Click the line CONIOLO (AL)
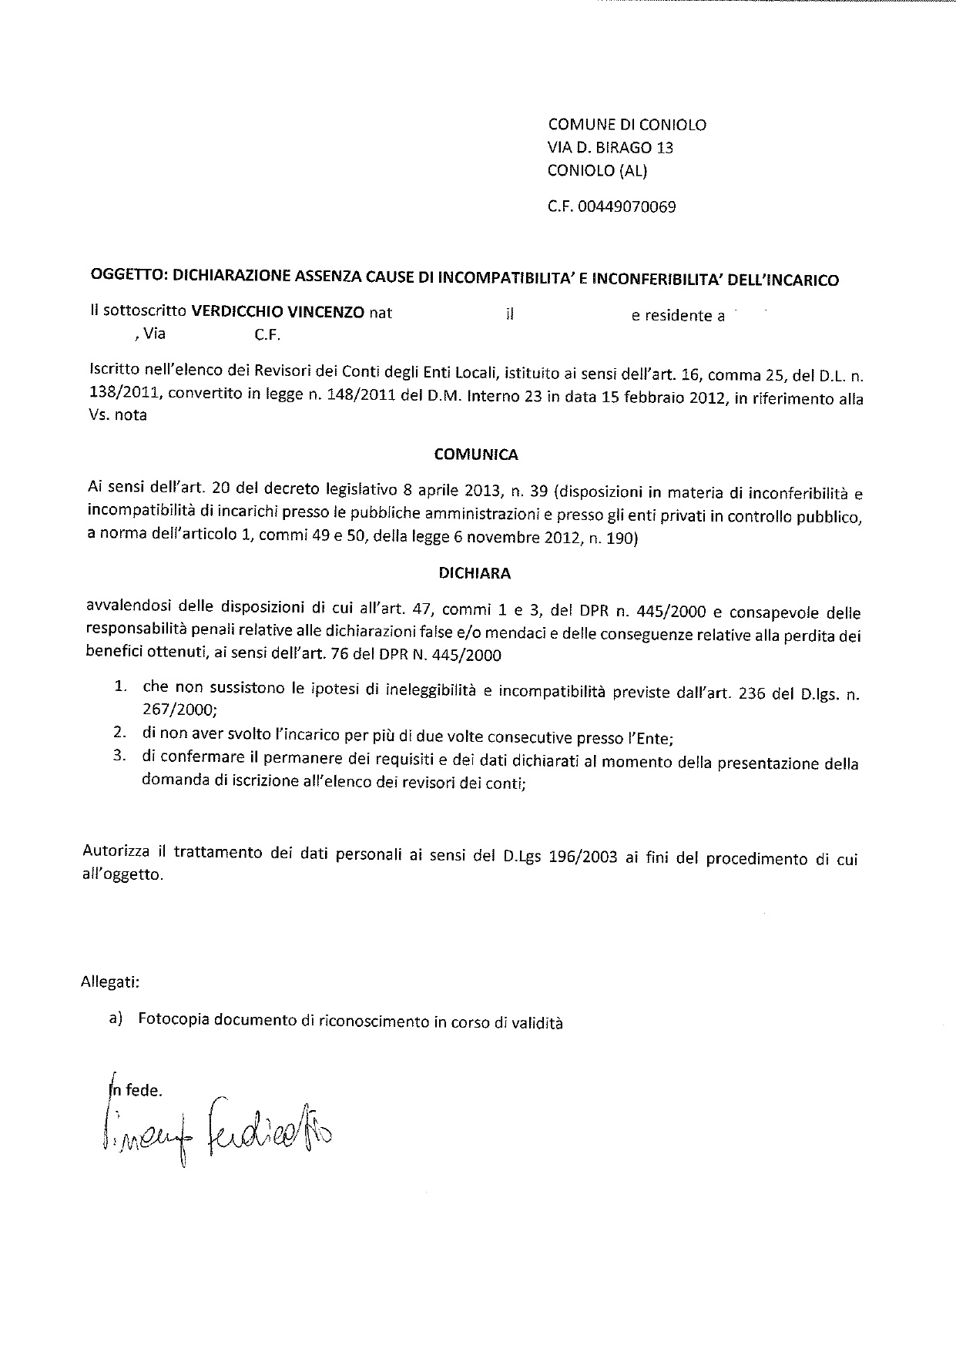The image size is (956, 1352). point(597,170)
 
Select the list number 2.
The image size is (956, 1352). point(119,731)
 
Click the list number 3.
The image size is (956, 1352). point(119,756)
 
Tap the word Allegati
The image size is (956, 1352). point(109,982)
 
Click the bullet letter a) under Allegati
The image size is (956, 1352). point(116,1019)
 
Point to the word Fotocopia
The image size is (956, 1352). point(174,1022)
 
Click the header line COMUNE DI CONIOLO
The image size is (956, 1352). point(626,125)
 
